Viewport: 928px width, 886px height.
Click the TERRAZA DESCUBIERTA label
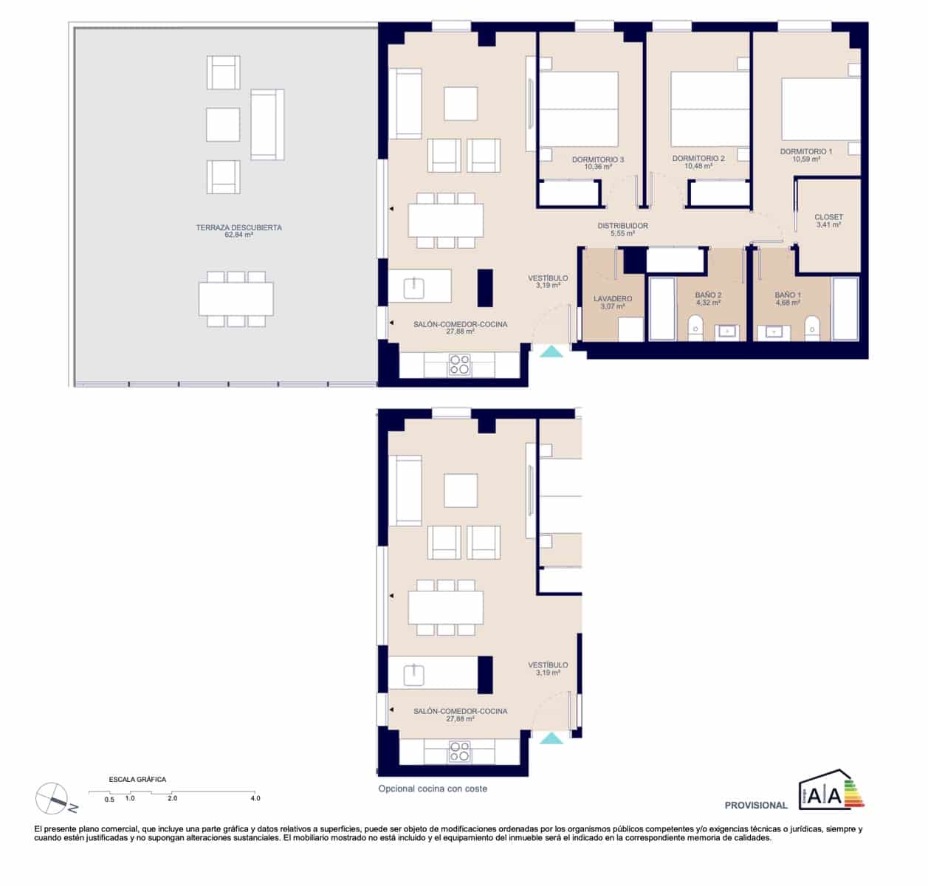coord(238,228)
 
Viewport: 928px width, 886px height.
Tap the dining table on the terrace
coord(236,299)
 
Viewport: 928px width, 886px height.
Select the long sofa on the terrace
coord(267,125)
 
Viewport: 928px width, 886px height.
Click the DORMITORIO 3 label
coord(598,160)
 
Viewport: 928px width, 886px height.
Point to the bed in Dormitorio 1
coord(820,109)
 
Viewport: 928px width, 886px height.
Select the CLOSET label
coord(828,218)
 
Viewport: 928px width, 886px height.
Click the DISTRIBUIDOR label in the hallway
coord(622,226)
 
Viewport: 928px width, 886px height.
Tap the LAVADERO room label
coord(613,299)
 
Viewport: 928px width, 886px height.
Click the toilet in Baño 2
coord(695,328)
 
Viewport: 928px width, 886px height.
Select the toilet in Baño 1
coord(811,328)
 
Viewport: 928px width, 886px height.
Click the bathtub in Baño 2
coord(661,309)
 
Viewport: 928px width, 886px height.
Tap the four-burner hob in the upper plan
coord(460,365)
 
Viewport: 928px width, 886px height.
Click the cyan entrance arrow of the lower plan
coord(551,738)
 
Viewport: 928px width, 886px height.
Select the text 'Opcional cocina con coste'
coord(433,789)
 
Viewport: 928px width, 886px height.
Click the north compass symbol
coord(53,799)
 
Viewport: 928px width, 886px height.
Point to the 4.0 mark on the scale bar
coord(255,798)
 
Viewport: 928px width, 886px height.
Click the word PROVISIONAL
coord(756,806)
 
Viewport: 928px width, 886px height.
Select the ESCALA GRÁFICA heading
coord(137,779)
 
